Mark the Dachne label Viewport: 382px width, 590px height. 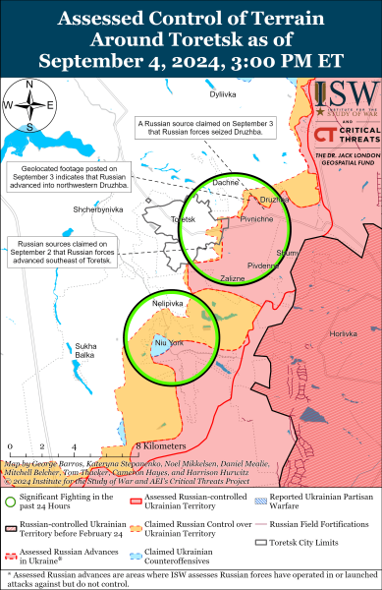[x=225, y=183]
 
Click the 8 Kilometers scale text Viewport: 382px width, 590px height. [x=162, y=445]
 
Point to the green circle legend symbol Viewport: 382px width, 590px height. [x=11, y=504]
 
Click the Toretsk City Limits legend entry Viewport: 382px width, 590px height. [x=300, y=542]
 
